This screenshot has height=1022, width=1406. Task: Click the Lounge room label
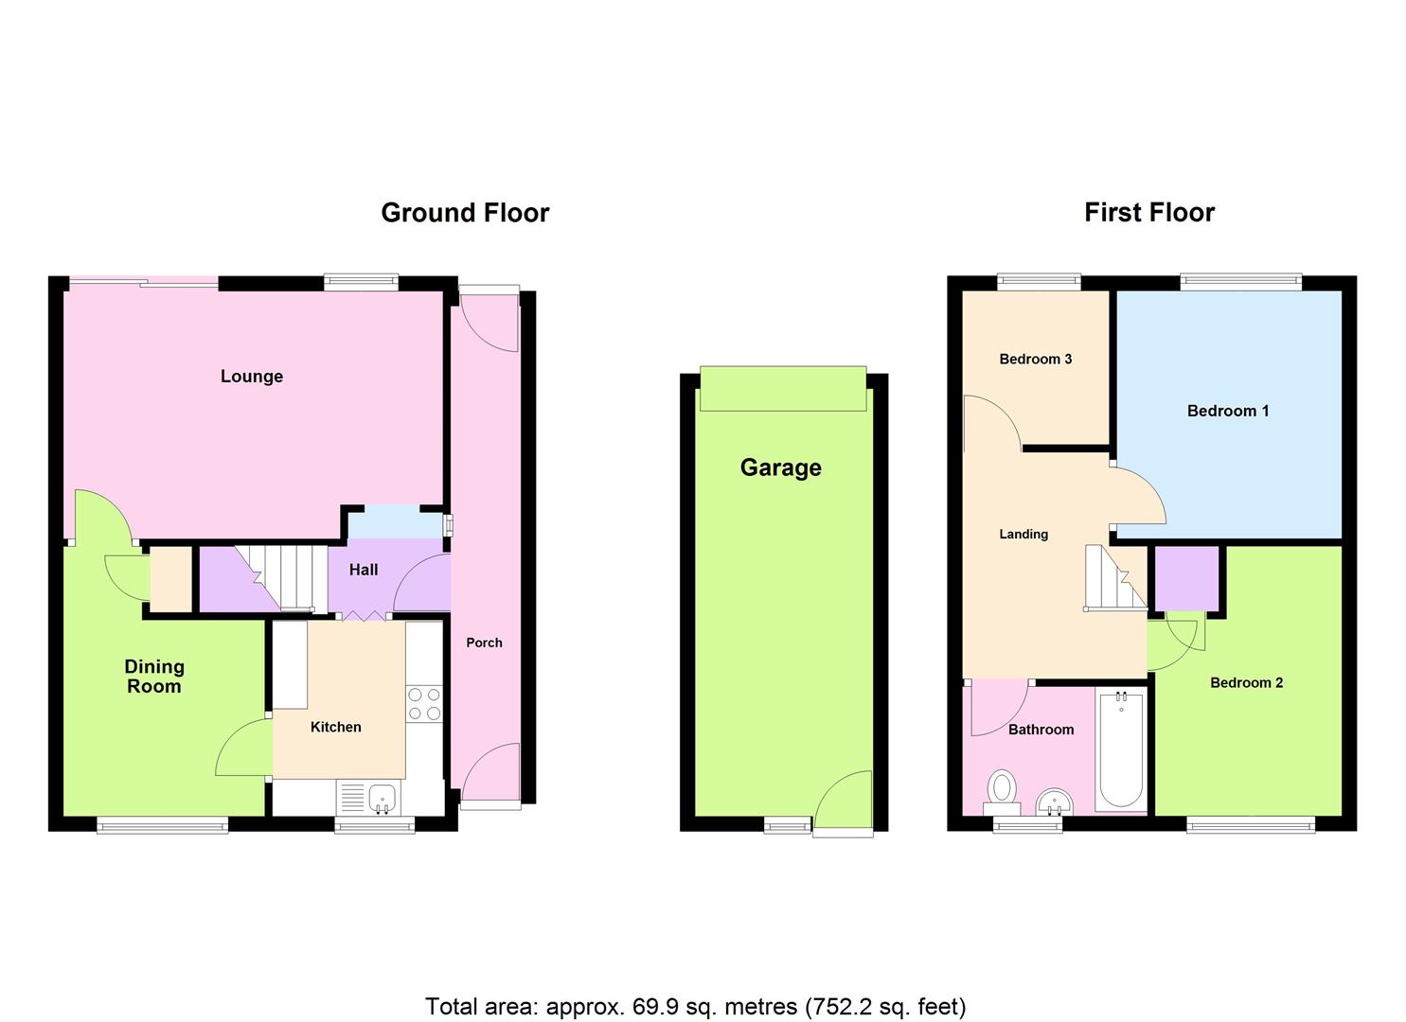coord(252,377)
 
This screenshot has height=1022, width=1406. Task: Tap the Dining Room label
coord(154,677)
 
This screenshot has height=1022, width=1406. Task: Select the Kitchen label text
coord(336,727)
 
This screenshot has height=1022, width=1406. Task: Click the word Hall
coord(364,570)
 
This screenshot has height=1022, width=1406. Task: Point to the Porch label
coord(484,643)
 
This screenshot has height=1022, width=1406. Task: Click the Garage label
coord(780,467)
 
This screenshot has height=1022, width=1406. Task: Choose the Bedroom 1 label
coord(1228,411)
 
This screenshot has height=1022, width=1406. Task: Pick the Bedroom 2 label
coord(1246,682)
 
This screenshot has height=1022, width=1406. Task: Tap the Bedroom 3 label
coord(1036,359)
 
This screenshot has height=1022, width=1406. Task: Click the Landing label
coord(1023,534)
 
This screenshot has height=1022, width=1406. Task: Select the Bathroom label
coord(1041,730)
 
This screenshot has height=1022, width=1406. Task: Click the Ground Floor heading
coord(465,213)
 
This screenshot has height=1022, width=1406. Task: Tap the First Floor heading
coord(1148,213)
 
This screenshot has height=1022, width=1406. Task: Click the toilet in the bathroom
coord(1002,789)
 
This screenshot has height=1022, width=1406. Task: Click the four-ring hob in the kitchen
coord(424,704)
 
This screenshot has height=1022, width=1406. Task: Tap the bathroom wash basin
coord(1054,803)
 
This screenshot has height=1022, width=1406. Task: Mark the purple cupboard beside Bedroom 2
coord(1186,578)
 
